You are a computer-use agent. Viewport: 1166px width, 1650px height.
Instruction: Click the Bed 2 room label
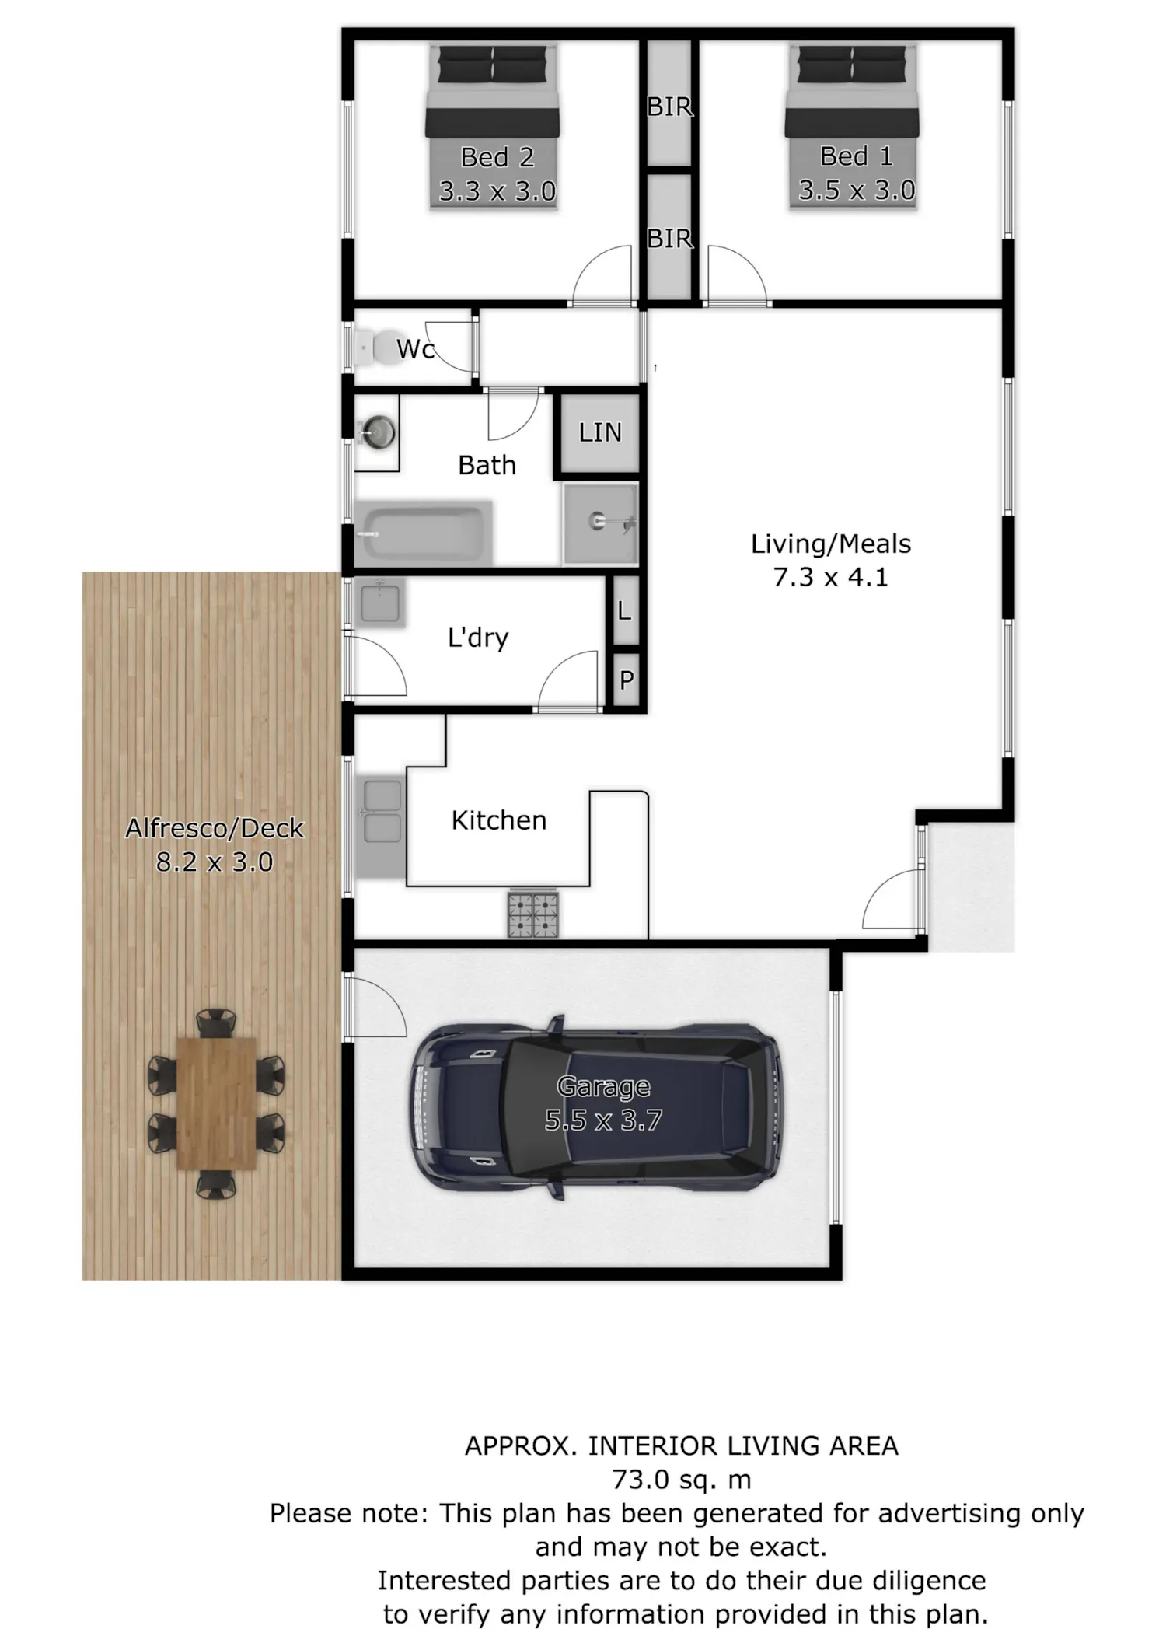click(x=497, y=157)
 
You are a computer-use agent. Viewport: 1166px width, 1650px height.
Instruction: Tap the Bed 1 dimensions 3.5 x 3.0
click(x=857, y=190)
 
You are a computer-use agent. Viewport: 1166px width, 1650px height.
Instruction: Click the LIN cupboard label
click(x=600, y=432)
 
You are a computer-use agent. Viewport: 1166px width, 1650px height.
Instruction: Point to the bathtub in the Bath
click(x=424, y=533)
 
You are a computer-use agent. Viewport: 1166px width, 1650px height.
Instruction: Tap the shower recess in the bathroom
click(x=601, y=522)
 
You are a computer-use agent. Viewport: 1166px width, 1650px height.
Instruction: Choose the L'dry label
click(x=478, y=638)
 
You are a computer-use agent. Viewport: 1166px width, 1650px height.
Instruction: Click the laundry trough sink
click(x=379, y=603)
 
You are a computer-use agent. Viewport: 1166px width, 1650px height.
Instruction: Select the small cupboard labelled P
click(x=626, y=680)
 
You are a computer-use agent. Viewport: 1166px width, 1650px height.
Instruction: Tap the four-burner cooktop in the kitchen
click(x=533, y=914)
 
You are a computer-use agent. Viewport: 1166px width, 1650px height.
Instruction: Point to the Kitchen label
click(x=499, y=820)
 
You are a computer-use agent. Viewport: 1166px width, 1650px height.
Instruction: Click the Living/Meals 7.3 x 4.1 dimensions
click(x=830, y=578)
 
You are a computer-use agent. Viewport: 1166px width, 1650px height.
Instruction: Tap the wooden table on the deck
click(x=217, y=1103)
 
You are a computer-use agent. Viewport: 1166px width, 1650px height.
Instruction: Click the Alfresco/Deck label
click(x=215, y=828)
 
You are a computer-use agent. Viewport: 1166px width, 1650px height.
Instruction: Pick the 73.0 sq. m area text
click(x=682, y=1479)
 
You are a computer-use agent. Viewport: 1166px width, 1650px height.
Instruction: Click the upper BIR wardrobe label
click(x=669, y=107)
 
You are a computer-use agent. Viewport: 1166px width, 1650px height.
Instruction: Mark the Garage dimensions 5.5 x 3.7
click(x=603, y=1120)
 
